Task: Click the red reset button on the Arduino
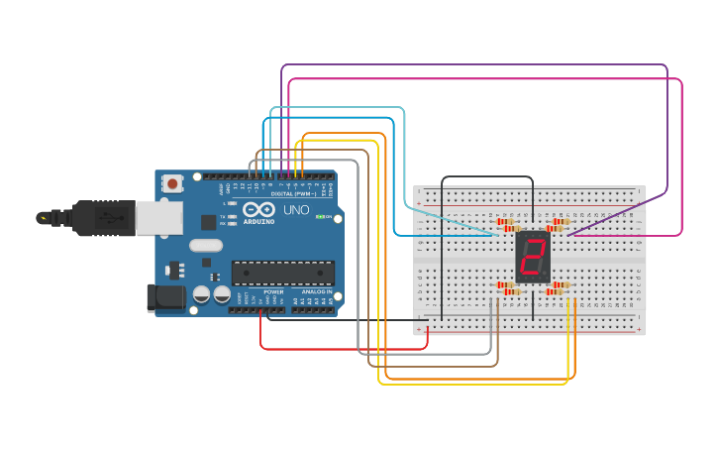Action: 173,183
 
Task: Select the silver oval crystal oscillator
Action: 206,245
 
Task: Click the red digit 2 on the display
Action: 533,258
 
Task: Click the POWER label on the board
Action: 274,292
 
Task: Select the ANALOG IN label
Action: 317,292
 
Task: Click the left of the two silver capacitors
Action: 201,294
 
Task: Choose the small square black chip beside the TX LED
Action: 209,222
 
